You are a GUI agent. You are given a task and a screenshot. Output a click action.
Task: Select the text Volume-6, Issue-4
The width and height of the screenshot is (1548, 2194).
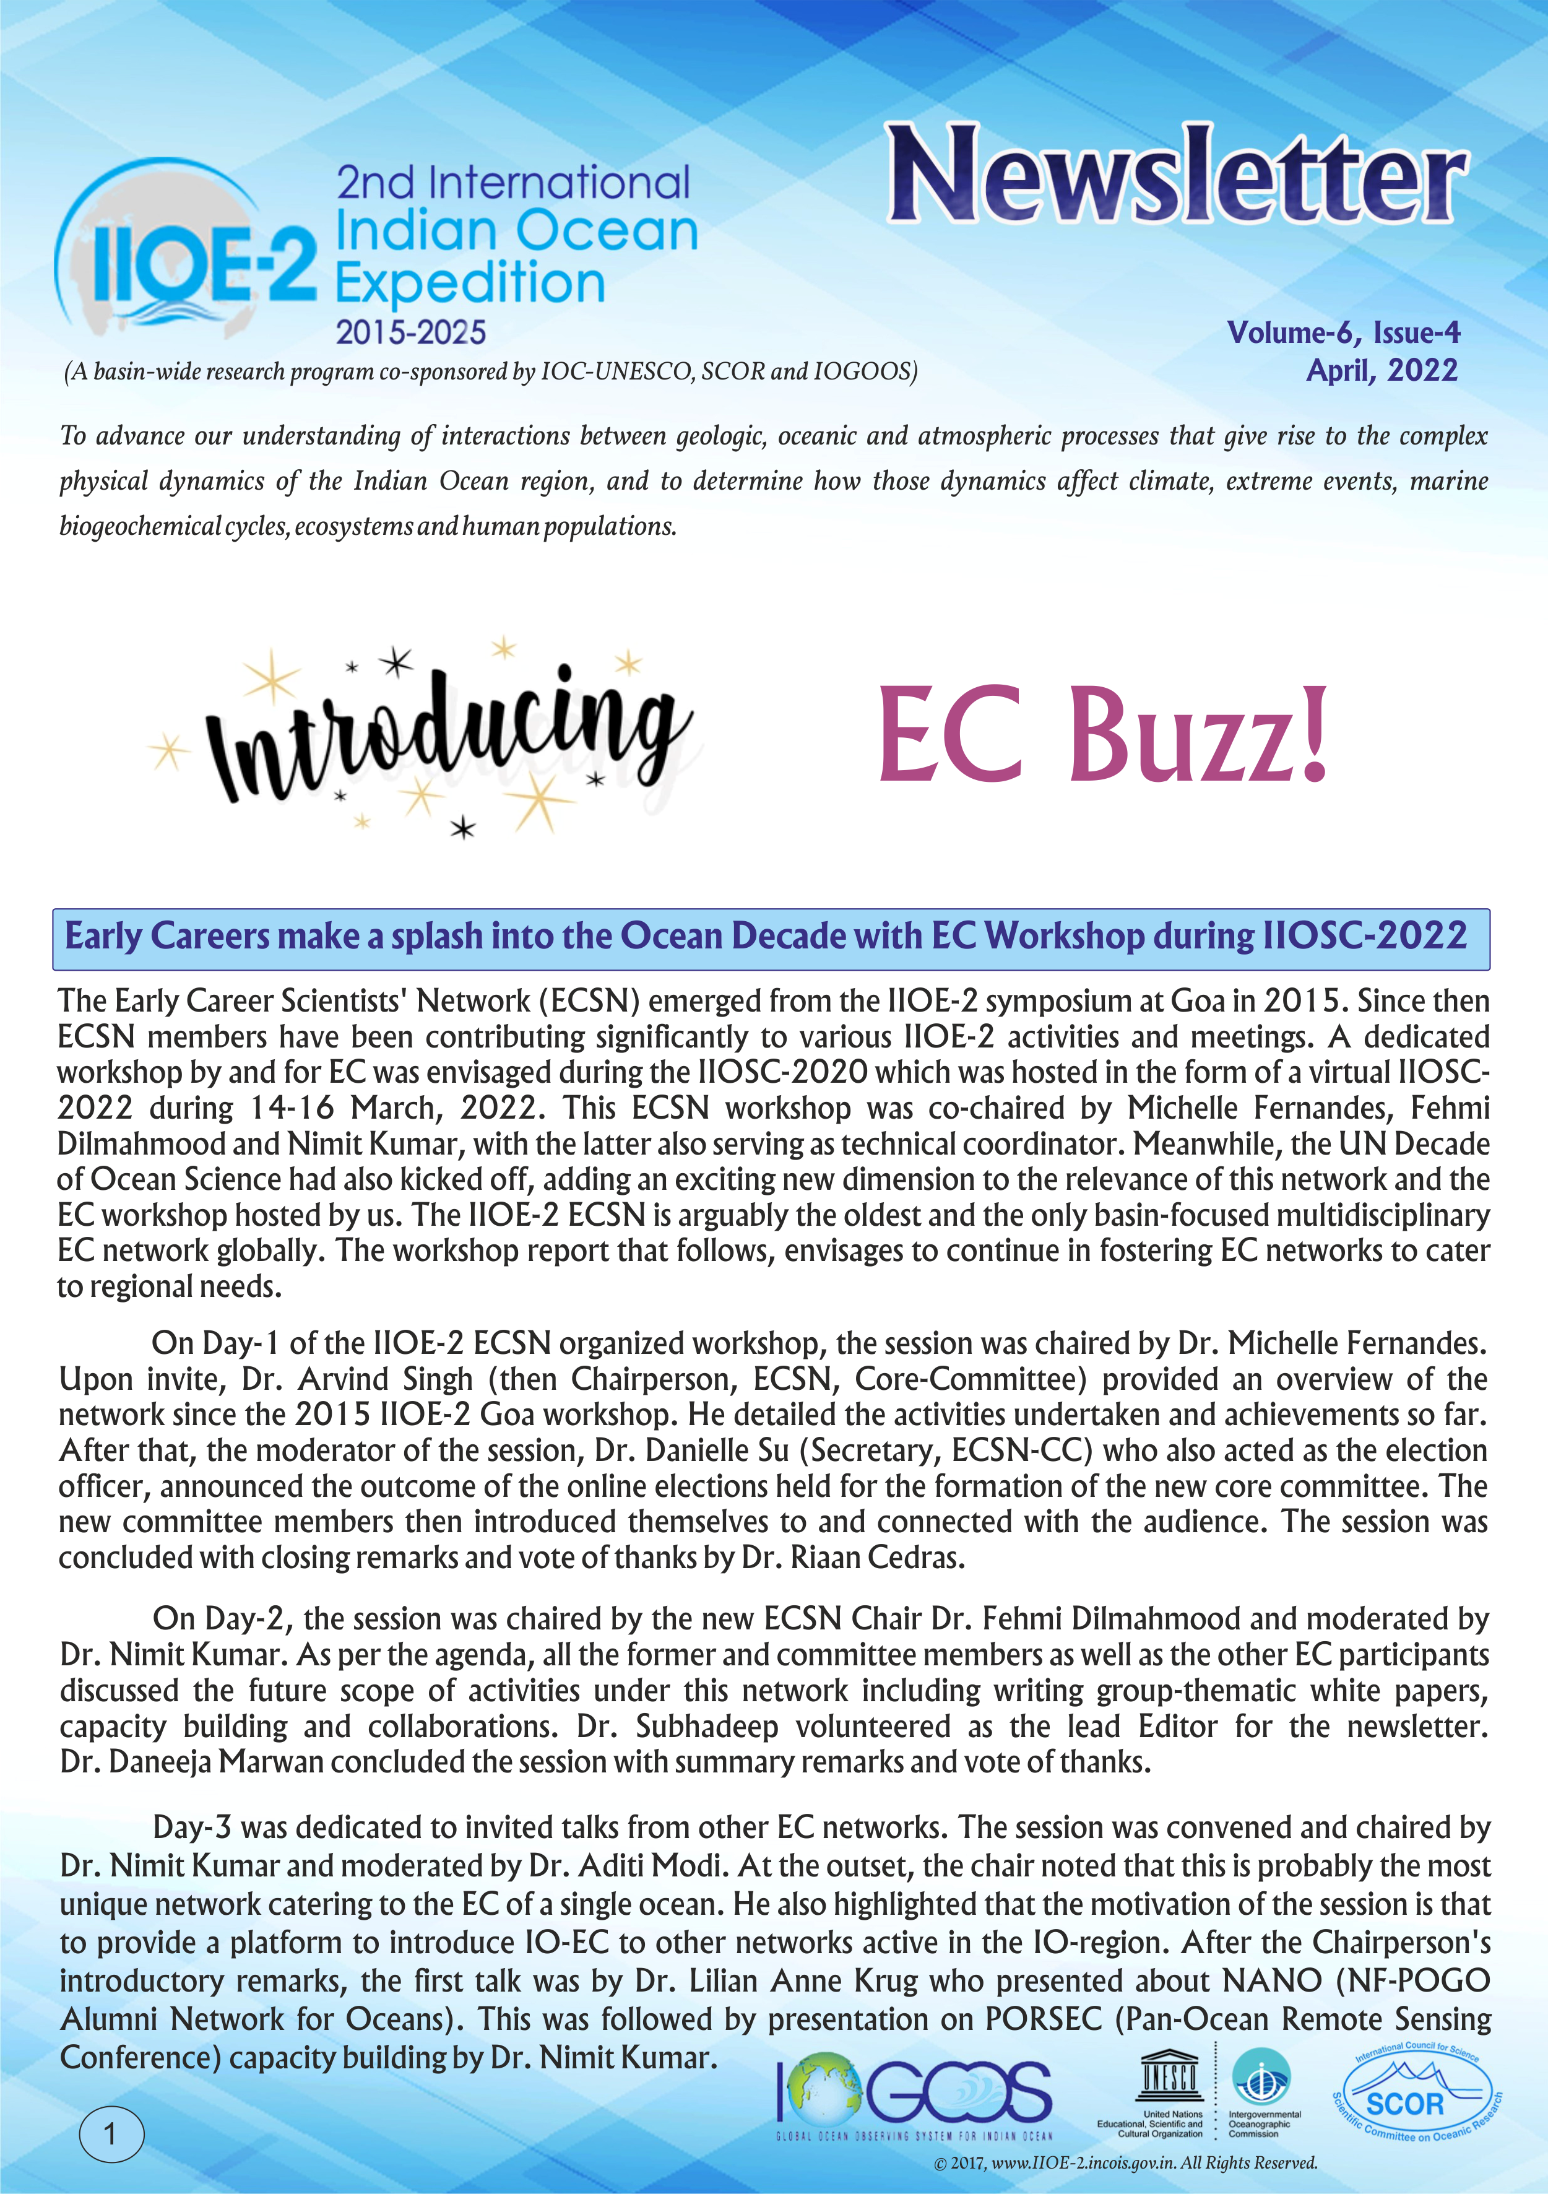pyautogui.click(x=1343, y=332)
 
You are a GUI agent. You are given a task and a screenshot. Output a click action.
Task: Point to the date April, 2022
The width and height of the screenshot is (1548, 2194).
pyautogui.click(x=1382, y=371)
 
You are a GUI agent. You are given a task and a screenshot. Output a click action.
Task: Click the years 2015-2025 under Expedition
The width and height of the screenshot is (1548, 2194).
pyautogui.click(x=411, y=332)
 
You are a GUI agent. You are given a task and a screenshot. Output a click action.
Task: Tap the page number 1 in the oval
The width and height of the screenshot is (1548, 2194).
pyautogui.click(x=111, y=2134)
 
